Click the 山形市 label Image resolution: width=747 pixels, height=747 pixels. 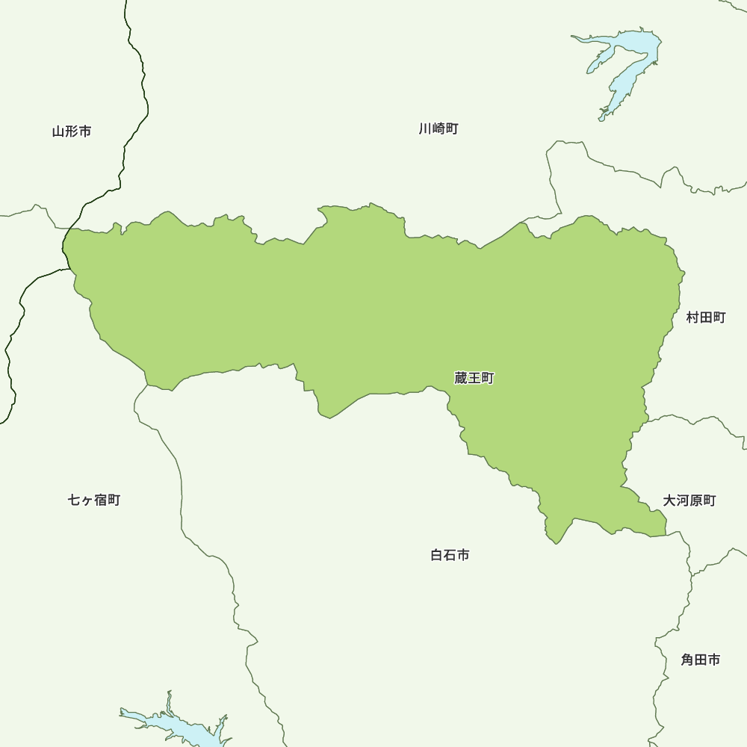point(72,131)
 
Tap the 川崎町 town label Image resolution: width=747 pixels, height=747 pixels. point(438,128)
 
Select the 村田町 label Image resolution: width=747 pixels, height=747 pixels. point(706,317)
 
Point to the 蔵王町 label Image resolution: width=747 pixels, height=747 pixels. point(474,379)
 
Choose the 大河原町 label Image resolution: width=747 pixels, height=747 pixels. point(689,500)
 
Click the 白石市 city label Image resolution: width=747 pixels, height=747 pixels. point(450,555)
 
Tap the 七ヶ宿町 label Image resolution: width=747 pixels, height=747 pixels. point(94,500)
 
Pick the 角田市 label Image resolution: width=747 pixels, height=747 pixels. point(701,660)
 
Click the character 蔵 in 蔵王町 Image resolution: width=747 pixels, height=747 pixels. point(460,379)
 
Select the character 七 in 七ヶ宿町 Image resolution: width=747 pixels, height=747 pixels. point(75,500)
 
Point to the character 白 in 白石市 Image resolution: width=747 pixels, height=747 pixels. point(437,555)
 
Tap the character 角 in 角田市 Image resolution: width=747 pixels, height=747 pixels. point(687,660)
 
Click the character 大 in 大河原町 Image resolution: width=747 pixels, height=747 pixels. point(669,500)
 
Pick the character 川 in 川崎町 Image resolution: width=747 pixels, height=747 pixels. point(425,128)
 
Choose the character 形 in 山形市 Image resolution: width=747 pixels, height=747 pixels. point(72,131)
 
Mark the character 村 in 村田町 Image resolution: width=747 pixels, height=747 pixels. point(692,317)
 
